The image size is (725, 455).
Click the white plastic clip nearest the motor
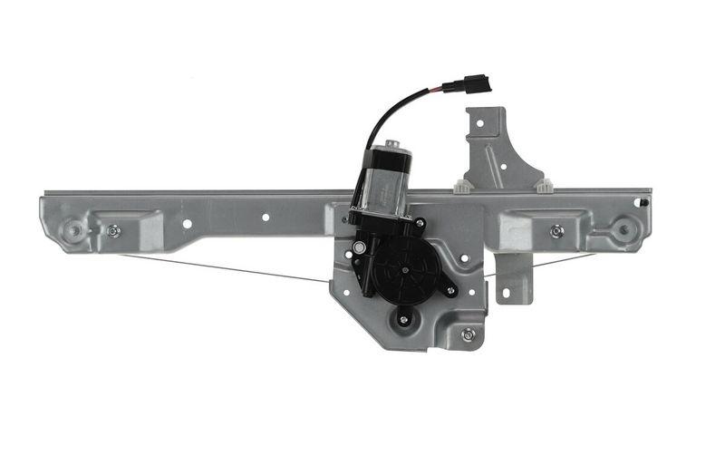click(463, 187)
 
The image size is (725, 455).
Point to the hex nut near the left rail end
click(113, 231)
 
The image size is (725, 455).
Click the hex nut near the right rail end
click(556, 231)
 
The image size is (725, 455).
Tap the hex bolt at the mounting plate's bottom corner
click(468, 334)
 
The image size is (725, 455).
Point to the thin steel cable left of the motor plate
click(227, 268)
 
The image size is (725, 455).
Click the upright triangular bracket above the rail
click(494, 150)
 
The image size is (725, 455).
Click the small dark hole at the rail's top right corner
click(643, 201)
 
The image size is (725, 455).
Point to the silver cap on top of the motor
click(391, 145)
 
